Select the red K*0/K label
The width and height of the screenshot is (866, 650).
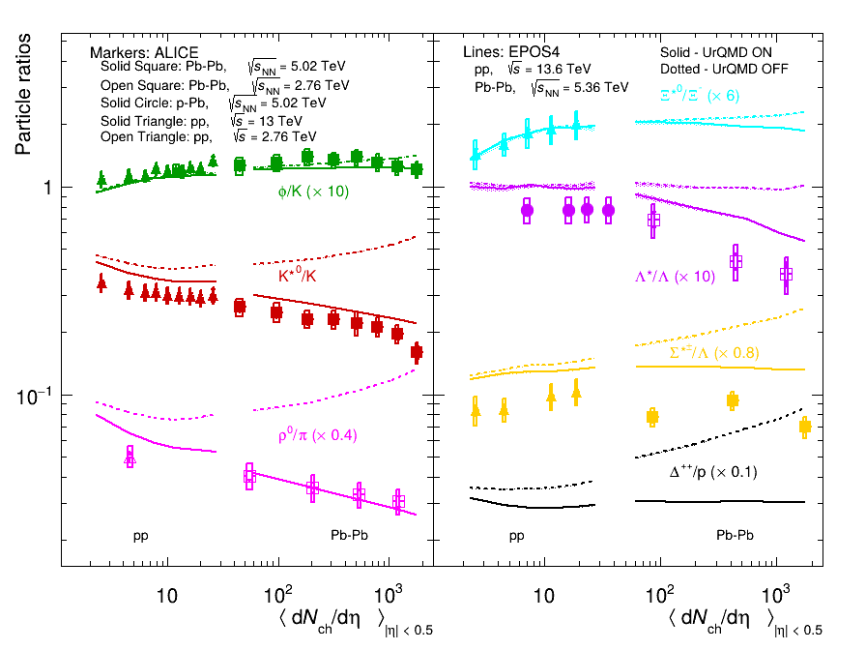[x=298, y=276]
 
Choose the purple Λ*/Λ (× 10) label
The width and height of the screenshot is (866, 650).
[x=675, y=277]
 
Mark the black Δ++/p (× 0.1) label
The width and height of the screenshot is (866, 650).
[x=713, y=472]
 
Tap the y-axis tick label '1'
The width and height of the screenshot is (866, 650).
[x=43, y=187]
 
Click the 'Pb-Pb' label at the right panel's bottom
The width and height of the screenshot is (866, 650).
[x=736, y=534]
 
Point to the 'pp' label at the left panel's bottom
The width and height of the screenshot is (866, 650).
[x=142, y=534]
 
